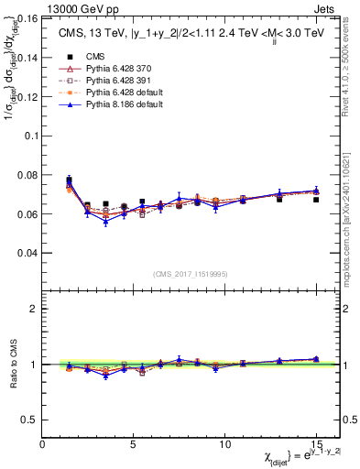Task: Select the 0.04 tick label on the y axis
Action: [28, 252]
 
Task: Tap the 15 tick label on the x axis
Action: [316, 444]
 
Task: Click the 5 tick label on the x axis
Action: [134, 444]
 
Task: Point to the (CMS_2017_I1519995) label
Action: [190, 273]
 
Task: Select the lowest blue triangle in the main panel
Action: [106, 222]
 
